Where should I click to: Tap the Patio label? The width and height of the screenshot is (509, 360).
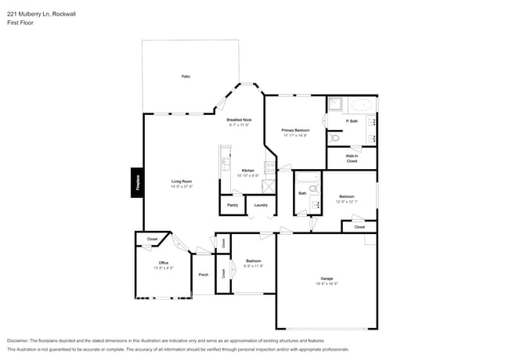(186, 76)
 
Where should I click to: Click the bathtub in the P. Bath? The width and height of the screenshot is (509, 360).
(363, 105)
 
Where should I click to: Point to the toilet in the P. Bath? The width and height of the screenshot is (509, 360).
(334, 138)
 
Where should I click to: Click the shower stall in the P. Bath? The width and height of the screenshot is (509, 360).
(334, 104)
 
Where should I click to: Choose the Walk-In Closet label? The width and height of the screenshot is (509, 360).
(352, 158)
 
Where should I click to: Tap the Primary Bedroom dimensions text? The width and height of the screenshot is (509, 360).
(295, 135)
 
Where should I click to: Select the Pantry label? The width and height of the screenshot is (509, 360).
(233, 205)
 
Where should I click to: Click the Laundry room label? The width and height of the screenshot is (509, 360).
(261, 205)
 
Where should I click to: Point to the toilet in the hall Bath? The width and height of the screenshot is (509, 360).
(313, 189)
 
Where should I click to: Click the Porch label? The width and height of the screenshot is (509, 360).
(203, 275)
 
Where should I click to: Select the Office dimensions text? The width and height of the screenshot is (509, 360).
(163, 268)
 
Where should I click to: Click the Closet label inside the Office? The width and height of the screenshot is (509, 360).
(152, 239)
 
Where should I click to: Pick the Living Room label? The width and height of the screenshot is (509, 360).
(182, 182)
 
